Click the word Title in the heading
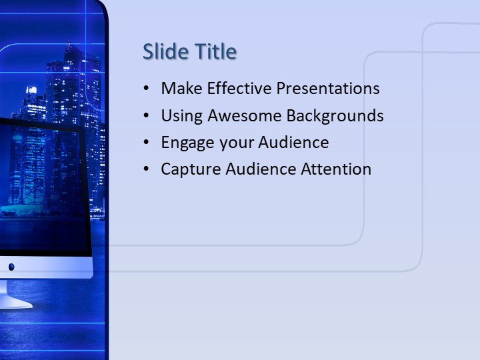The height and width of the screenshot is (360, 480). click(x=215, y=51)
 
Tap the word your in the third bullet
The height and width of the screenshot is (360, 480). click(x=231, y=143)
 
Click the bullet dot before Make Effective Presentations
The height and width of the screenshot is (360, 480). click(x=147, y=89)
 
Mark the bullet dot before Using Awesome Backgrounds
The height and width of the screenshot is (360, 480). click(x=147, y=116)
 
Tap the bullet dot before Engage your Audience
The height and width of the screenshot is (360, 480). click(x=147, y=143)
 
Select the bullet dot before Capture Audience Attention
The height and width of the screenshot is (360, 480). click(x=147, y=170)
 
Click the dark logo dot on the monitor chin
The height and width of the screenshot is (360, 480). click(x=11, y=267)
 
